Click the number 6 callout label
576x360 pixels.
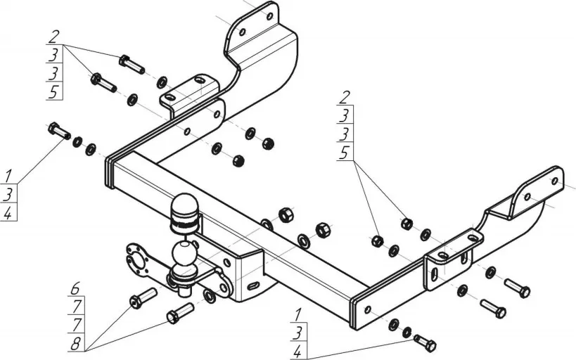[75, 288]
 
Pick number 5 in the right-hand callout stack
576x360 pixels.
[344, 153]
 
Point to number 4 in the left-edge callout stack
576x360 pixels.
[8, 213]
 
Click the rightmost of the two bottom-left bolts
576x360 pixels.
[180, 312]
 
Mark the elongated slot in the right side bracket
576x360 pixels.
[436, 274]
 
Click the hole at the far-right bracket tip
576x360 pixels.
[554, 181]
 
